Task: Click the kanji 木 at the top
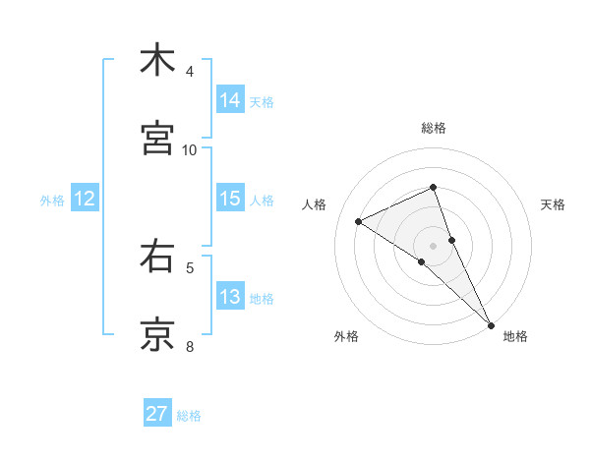(x=157, y=60)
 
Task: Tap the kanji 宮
(x=157, y=139)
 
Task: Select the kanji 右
(x=157, y=257)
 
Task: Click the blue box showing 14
(x=230, y=100)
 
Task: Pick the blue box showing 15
(x=230, y=199)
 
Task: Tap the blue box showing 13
(x=230, y=297)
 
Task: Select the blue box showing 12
(x=85, y=199)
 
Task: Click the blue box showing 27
(x=157, y=414)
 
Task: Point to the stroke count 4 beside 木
(x=190, y=72)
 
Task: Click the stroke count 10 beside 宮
(x=190, y=150)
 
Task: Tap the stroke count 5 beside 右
(x=190, y=267)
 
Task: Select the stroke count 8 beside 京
(x=190, y=346)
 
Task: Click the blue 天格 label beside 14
(x=262, y=101)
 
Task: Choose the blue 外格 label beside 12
(x=52, y=200)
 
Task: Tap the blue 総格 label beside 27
(x=189, y=415)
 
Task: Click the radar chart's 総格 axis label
(x=434, y=128)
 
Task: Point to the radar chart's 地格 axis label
(x=515, y=336)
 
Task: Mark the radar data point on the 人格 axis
(x=359, y=221)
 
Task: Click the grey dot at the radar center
(x=434, y=245)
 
